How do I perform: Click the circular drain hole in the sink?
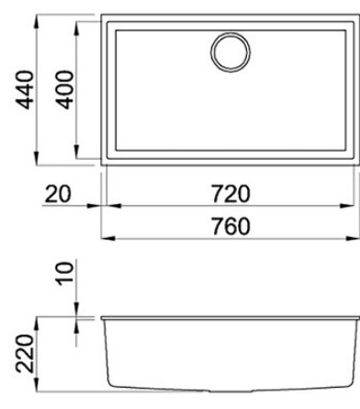tap(230, 51)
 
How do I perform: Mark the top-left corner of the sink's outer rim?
tap(101, 14)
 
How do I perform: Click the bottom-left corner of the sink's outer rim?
tap(101, 166)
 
